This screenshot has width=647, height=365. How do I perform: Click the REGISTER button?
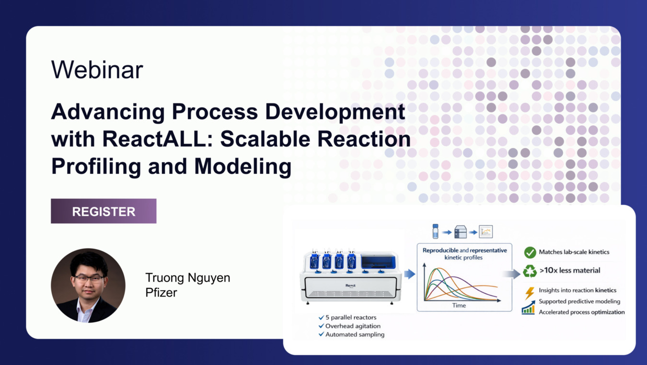coord(104,211)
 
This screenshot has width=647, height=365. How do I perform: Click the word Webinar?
coord(97,69)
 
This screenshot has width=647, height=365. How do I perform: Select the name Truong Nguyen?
coord(188,278)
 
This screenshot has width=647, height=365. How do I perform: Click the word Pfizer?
coord(161,293)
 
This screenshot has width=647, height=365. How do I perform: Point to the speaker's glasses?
coord(89,279)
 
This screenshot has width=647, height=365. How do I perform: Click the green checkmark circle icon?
coord(530,252)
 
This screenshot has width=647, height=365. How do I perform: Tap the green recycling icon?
coord(530,271)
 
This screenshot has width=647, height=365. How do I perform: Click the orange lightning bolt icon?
coord(530,293)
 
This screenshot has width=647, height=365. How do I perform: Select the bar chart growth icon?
coord(528,307)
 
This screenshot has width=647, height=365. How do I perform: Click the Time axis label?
coord(459,305)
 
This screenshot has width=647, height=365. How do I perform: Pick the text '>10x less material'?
coord(570,270)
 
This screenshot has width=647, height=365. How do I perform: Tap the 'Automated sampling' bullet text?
coord(355,334)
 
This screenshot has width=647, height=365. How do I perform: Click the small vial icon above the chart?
coord(435,231)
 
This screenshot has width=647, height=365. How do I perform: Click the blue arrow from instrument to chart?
coord(410,274)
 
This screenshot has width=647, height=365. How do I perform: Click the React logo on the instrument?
coord(350,285)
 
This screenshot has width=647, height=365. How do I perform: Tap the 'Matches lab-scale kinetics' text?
coord(574,252)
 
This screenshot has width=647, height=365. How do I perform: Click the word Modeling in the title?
coord(243,166)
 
